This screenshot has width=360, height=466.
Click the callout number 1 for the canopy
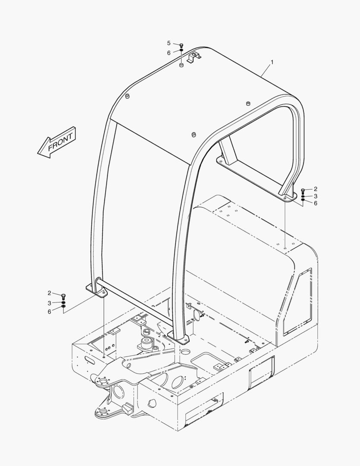[x=272, y=63]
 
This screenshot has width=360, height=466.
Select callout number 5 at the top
[x=169, y=43]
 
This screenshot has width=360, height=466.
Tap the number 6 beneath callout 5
[x=169, y=52]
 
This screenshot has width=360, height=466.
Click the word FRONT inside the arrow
[x=60, y=142]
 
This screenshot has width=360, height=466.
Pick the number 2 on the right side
[x=315, y=189]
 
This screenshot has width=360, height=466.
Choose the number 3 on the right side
[x=315, y=196]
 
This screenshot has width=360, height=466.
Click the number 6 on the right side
[x=315, y=203]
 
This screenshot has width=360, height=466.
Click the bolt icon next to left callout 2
[x=63, y=296]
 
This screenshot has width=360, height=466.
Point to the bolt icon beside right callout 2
[x=303, y=191]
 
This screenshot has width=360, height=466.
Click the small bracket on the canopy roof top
[x=194, y=56]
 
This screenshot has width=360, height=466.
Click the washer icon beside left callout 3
[x=63, y=303]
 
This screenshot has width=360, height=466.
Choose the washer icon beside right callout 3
[x=303, y=196]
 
